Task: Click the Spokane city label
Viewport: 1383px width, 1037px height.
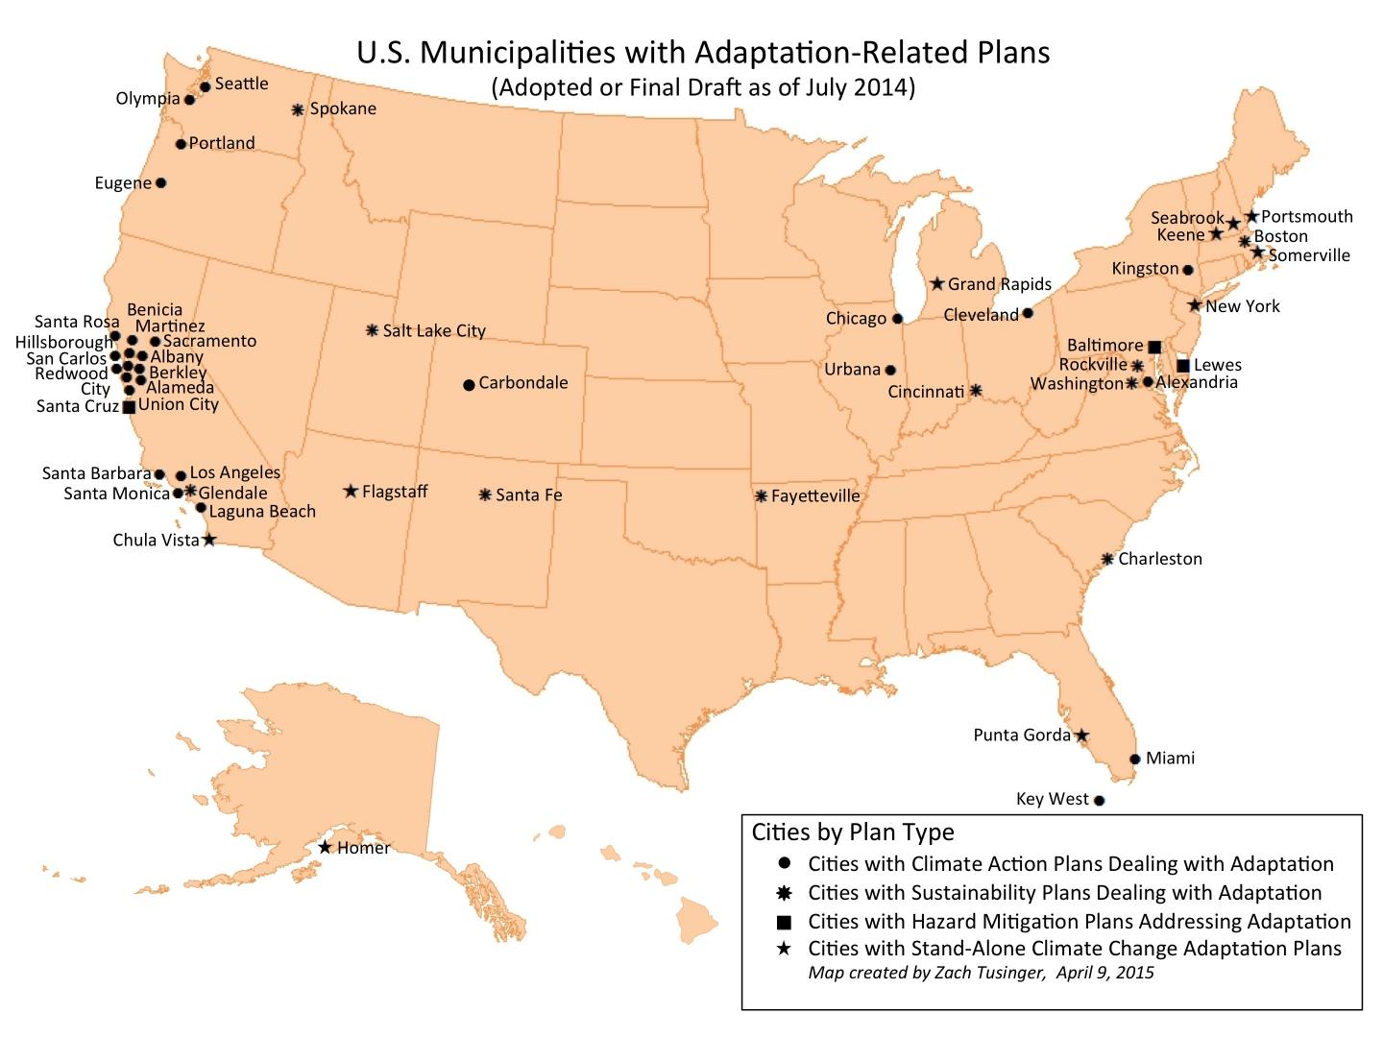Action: (343, 109)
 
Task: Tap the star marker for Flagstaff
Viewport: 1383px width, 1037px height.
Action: (351, 492)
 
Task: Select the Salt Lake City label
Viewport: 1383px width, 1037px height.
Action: (434, 330)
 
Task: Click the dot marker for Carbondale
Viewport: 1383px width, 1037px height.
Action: (469, 385)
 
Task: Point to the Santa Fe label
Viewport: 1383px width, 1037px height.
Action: (529, 495)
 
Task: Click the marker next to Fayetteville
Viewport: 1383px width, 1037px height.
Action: (761, 496)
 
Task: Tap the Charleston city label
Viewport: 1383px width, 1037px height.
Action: (1160, 559)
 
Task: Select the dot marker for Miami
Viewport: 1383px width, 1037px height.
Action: (1134, 759)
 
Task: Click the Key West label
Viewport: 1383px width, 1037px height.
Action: (1053, 799)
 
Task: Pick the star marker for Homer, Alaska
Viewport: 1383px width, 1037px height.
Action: (325, 847)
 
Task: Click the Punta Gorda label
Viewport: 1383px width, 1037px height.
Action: (1022, 736)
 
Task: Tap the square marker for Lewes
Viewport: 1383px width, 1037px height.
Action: (1183, 365)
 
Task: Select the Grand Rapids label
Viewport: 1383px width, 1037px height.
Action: (1000, 284)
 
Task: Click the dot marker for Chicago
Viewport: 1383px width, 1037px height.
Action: (898, 318)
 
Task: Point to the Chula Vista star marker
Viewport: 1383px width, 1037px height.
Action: (209, 540)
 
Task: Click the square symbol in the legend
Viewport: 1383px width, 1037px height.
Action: (784, 923)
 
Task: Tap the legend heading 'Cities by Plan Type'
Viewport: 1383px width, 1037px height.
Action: (853, 832)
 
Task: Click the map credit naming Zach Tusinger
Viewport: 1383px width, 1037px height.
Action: (981, 973)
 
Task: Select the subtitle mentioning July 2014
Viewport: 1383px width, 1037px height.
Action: (703, 87)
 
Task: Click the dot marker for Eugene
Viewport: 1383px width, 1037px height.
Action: (160, 182)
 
